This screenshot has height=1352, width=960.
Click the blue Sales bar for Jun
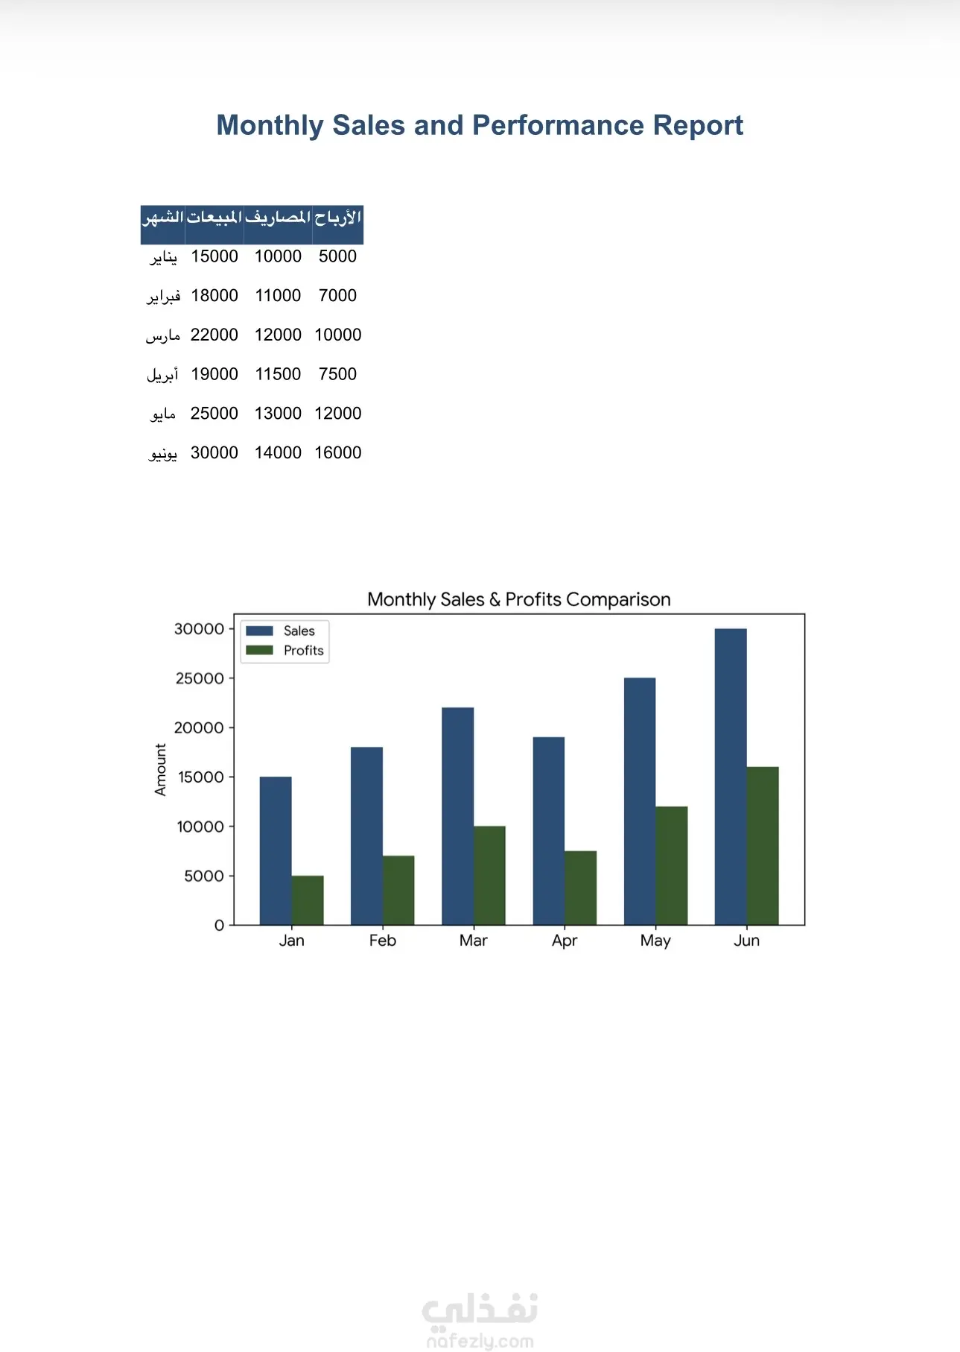pos(731,777)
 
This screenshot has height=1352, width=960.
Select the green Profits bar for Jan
pos(308,900)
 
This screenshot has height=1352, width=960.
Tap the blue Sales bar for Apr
pos(549,831)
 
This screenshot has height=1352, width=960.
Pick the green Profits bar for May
pos(672,866)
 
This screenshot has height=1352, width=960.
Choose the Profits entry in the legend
pos(284,651)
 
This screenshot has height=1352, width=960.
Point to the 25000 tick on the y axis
pos(200,678)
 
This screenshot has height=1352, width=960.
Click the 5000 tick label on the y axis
pos(204,876)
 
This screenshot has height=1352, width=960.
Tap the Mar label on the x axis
pos(474,941)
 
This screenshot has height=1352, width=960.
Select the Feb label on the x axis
pos(383,941)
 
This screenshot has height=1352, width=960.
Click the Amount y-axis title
pos(160,770)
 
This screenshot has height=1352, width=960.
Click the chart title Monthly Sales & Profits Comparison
pos(519,599)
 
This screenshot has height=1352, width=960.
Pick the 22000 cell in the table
pos(214,335)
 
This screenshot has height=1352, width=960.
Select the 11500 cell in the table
pos(278,374)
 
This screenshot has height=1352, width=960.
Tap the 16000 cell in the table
pos(338,452)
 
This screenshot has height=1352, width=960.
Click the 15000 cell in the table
pos(214,256)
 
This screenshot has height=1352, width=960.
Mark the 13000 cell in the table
pos(278,414)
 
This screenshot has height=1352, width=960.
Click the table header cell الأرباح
pos(338,218)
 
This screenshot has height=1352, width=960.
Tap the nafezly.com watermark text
pos(480,1342)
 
